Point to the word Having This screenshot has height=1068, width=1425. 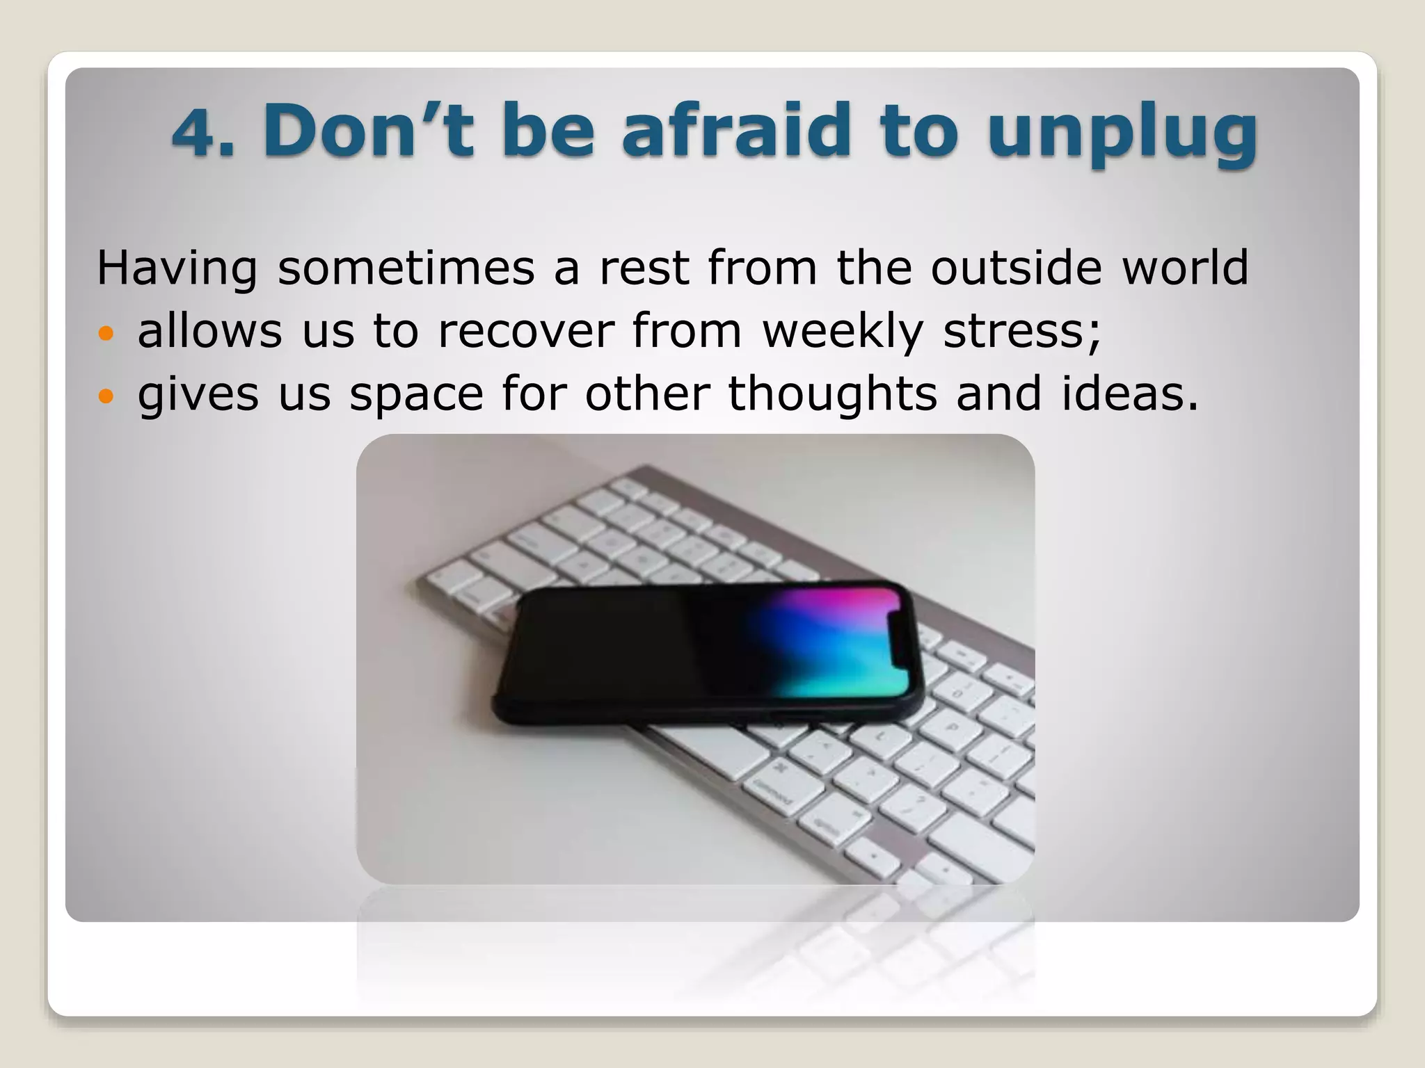tap(177, 268)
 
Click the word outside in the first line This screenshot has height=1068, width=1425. tap(1016, 267)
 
